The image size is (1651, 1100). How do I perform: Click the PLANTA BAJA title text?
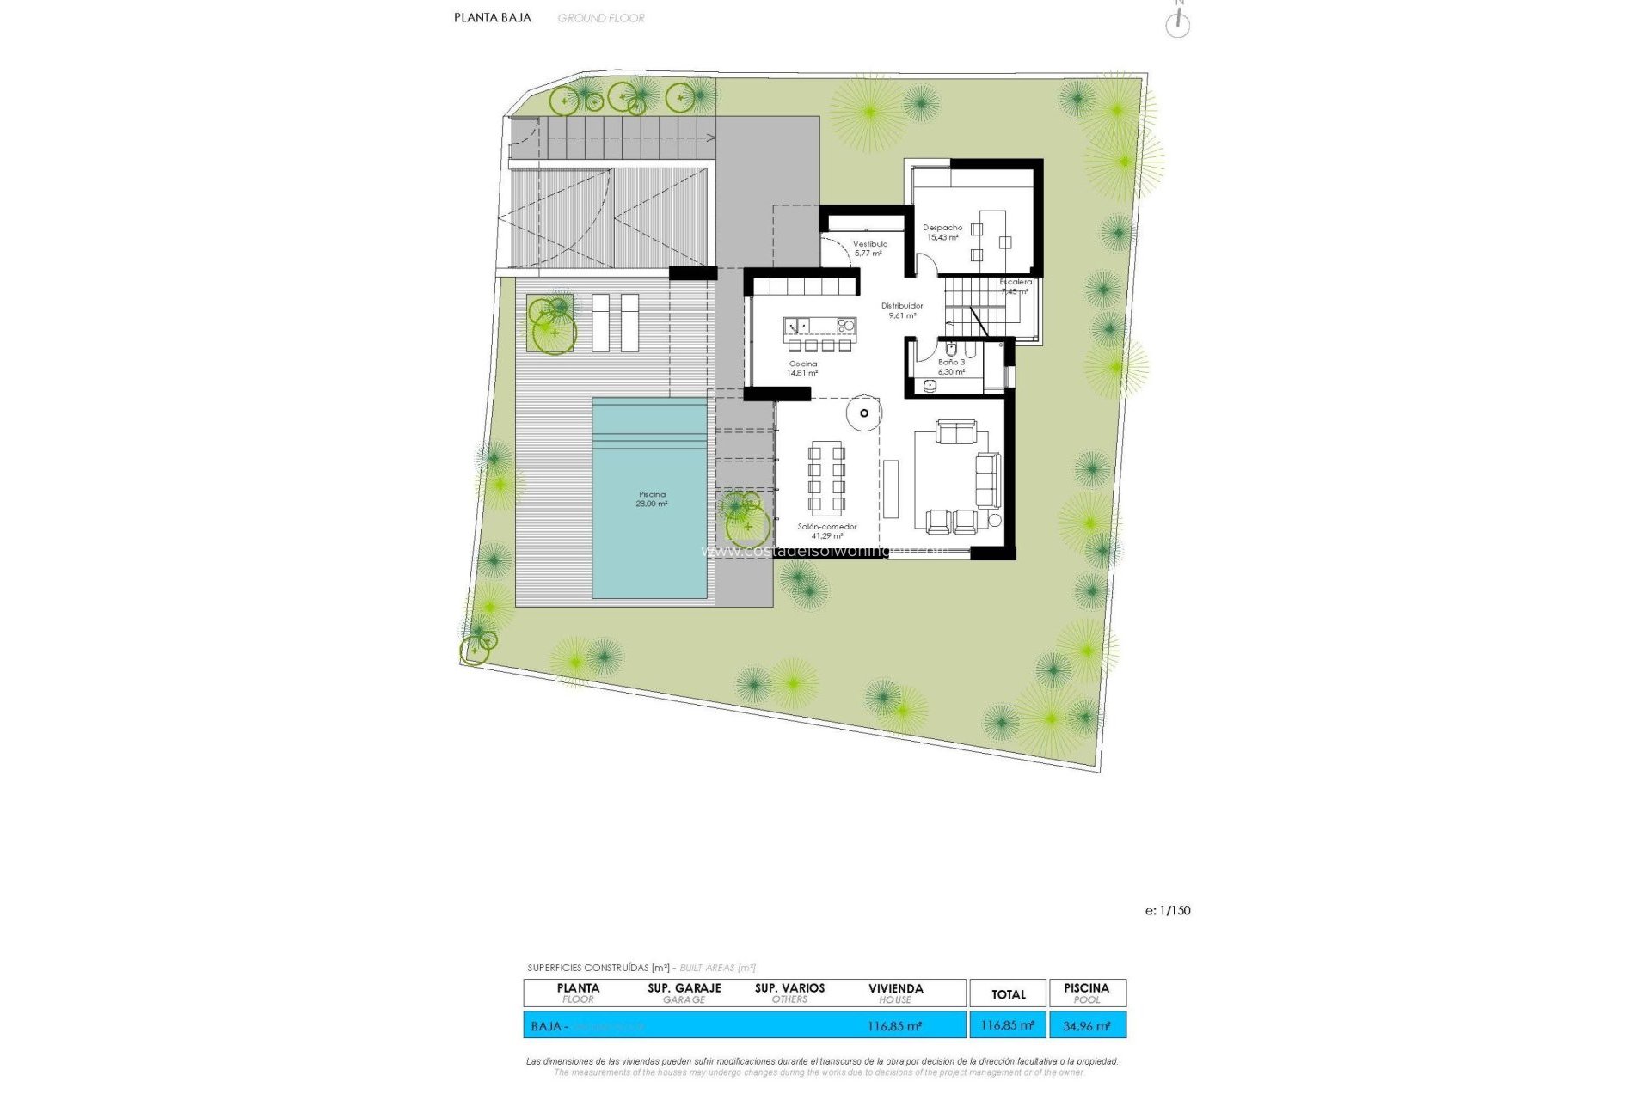(492, 17)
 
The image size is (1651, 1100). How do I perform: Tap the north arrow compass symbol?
(1177, 23)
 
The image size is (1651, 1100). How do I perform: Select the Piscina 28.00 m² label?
(651, 499)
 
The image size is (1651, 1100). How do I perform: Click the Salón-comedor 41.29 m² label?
(826, 531)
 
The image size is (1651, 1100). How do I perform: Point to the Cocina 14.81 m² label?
(803, 369)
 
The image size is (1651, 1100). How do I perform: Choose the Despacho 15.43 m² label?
(942, 232)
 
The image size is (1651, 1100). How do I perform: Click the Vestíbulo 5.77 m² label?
(869, 248)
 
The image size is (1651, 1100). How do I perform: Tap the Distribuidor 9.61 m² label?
(902, 310)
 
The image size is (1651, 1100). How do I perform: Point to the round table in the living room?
(863, 413)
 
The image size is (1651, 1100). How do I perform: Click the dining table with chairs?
(826, 478)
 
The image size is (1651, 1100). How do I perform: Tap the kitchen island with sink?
(819, 326)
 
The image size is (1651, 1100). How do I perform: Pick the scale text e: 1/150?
(1168, 910)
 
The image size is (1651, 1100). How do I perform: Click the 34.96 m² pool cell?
(1087, 1025)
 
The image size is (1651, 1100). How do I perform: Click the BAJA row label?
(547, 1026)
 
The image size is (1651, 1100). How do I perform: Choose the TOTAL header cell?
(1008, 994)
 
